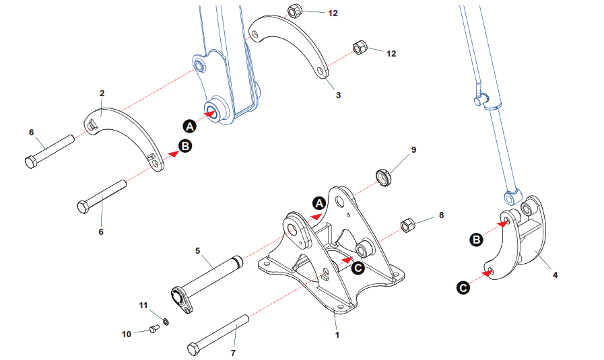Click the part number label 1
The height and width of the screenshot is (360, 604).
point(336,334)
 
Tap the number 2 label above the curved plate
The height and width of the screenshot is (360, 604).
point(102,94)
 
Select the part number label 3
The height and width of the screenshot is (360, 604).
point(338,96)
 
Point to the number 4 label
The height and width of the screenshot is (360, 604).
point(555,275)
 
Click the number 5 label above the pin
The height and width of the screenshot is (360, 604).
point(197,250)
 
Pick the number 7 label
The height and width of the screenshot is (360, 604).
point(234,352)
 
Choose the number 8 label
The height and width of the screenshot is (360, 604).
point(441,215)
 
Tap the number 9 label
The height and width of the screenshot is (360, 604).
point(413,149)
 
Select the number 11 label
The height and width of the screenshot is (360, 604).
point(142,305)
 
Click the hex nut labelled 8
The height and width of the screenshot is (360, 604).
point(407,225)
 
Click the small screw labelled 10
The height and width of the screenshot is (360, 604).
point(152,329)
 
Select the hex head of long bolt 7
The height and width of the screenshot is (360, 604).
point(194,349)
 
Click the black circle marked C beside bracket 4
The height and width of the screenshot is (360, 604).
point(463,288)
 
